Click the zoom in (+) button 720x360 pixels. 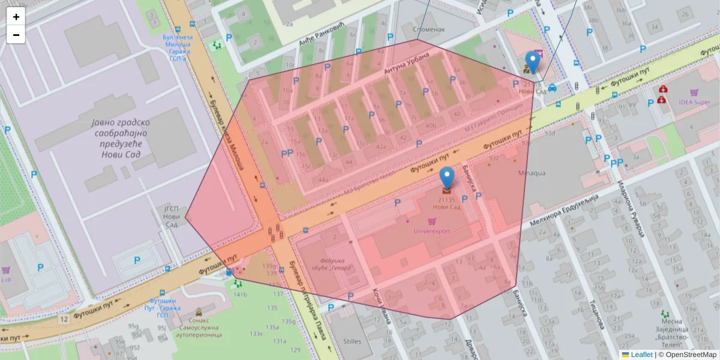(16, 17)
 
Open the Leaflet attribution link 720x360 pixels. (641, 355)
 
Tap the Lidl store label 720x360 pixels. (7, 281)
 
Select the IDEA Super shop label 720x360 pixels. (694, 102)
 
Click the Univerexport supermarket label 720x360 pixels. (432, 230)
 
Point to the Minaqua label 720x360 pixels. (532, 173)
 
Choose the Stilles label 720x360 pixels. (352, 341)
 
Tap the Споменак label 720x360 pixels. (428, 29)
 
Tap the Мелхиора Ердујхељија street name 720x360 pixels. (565, 211)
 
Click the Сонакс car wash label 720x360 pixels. (199, 328)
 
